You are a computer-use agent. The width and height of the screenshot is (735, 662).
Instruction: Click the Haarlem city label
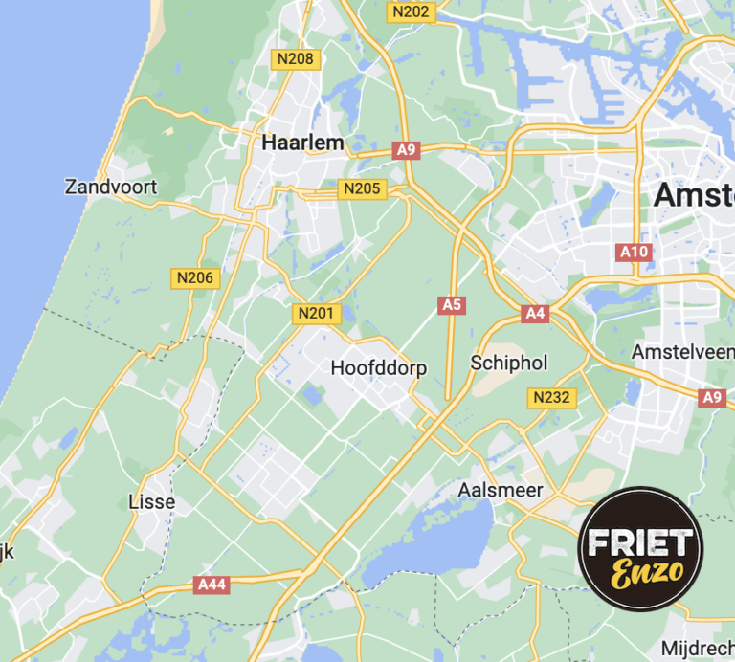[301, 143]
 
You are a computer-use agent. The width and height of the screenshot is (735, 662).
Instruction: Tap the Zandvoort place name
[111, 187]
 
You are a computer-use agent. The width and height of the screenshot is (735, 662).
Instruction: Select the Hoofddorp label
[378, 368]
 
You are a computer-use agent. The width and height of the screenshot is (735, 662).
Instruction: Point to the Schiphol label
[508, 364]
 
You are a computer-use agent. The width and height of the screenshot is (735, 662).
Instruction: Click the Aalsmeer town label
[501, 491]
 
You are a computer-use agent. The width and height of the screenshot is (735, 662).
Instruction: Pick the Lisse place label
[151, 502]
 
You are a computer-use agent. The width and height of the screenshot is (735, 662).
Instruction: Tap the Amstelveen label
[682, 352]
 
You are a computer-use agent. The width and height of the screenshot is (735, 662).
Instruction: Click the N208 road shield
[295, 59]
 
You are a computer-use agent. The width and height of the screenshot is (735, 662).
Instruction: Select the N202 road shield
[411, 11]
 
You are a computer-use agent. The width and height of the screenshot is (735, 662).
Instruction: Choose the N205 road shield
[362, 188]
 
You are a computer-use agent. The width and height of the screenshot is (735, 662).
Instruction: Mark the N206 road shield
[196, 278]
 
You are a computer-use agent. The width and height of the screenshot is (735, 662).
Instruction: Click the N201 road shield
[317, 314]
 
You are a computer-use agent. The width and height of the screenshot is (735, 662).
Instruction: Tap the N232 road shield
[553, 397]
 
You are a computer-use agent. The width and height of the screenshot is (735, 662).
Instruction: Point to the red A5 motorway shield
[452, 305]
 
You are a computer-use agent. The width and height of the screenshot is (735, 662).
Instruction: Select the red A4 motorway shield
[534, 313]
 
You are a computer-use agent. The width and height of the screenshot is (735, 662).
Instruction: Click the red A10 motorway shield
[634, 253]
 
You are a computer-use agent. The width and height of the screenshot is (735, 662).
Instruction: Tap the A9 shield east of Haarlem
[407, 149]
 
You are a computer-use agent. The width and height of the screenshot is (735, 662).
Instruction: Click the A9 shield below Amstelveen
[712, 398]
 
